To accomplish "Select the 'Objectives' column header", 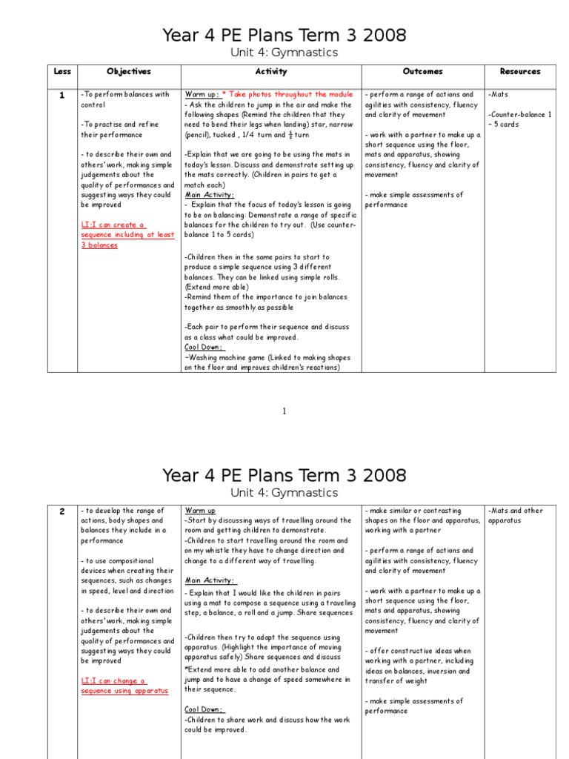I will click(128, 72).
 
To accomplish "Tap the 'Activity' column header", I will click(270, 72).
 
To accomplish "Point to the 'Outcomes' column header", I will click(422, 72).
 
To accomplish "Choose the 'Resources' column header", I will click(520, 72).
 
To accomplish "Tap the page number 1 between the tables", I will click(284, 411).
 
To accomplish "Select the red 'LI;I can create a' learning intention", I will click(113, 225).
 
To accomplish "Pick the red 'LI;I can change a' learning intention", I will click(113, 680).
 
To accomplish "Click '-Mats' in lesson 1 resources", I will click(498, 95).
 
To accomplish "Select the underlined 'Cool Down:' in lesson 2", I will click(204, 709).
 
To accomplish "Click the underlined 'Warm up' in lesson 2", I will click(200, 511).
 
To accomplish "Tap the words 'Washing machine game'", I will click(229, 357).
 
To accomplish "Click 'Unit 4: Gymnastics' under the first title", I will click(284, 53).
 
